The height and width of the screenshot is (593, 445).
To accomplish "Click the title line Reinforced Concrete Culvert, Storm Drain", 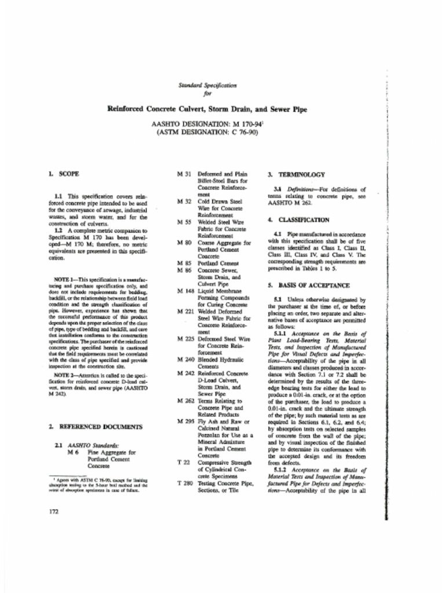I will point(207,109).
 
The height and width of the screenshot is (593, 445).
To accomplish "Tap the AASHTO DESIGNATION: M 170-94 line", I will point(207,124).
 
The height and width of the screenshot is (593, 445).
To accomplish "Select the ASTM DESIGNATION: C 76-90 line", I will point(207,132).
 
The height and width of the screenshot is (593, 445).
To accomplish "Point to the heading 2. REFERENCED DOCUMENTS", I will point(96,426).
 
